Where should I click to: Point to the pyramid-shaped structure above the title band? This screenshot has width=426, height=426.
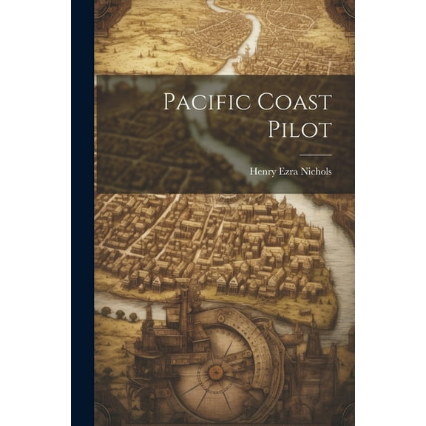(181, 68)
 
